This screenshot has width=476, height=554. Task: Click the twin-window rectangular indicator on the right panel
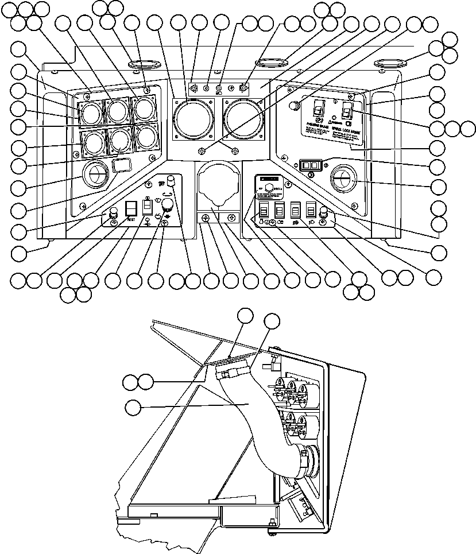(310, 165)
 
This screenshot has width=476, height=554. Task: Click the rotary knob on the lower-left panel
(168, 211)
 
